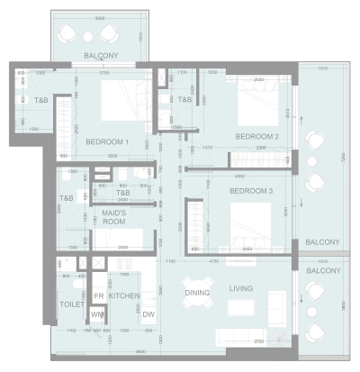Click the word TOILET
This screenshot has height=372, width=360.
72,304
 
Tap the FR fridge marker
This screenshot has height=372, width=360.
98,295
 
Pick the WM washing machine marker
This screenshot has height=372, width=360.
98,314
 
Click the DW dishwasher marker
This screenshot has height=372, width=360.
148,314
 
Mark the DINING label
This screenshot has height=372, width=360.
197,293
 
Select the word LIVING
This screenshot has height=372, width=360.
241,288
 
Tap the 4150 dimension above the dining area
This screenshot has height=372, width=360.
213,261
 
